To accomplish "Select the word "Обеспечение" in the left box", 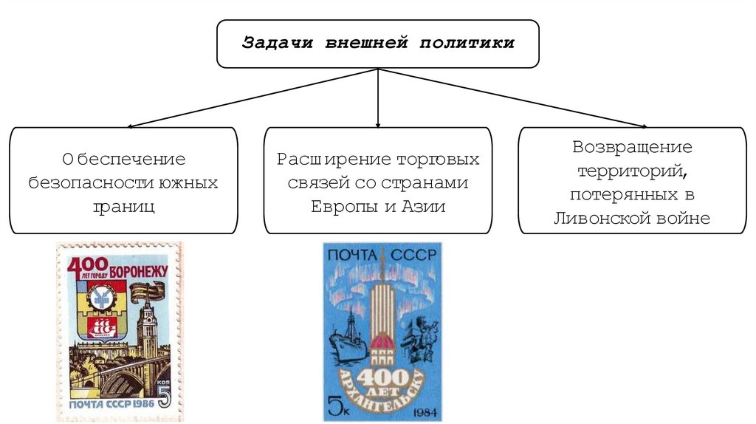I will pos(124,159).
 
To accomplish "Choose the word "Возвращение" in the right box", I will pos(632,147).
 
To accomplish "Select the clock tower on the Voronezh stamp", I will pos(147,332).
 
